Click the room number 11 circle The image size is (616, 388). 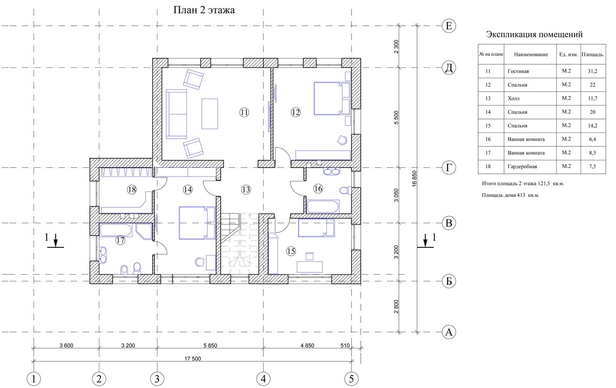click(244, 112)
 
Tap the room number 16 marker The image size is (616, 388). click(318, 189)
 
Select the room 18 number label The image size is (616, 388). click(132, 190)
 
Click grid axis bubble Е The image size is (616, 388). click(449, 26)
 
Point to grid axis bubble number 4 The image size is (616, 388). click(263, 379)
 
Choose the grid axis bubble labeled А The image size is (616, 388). click(449, 332)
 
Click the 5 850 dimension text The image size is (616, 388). click(210, 345)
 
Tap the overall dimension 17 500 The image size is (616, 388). click(192, 359)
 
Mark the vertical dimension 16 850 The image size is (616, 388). click(414, 179)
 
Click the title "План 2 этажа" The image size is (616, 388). click(204, 10)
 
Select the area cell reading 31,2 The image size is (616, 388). click(593, 71)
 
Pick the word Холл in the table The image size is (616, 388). click(514, 98)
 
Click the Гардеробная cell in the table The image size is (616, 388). click(522, 166)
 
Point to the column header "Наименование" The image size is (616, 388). click(531, 54)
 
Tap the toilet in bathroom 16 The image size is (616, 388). click(346, 190)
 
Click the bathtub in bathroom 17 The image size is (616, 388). click(116, 230)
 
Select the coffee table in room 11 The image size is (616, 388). click(209, 114)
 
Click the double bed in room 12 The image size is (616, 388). click(332, 98)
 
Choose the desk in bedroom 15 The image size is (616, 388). click(310, 267)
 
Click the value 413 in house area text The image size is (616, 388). click(521, 195)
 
